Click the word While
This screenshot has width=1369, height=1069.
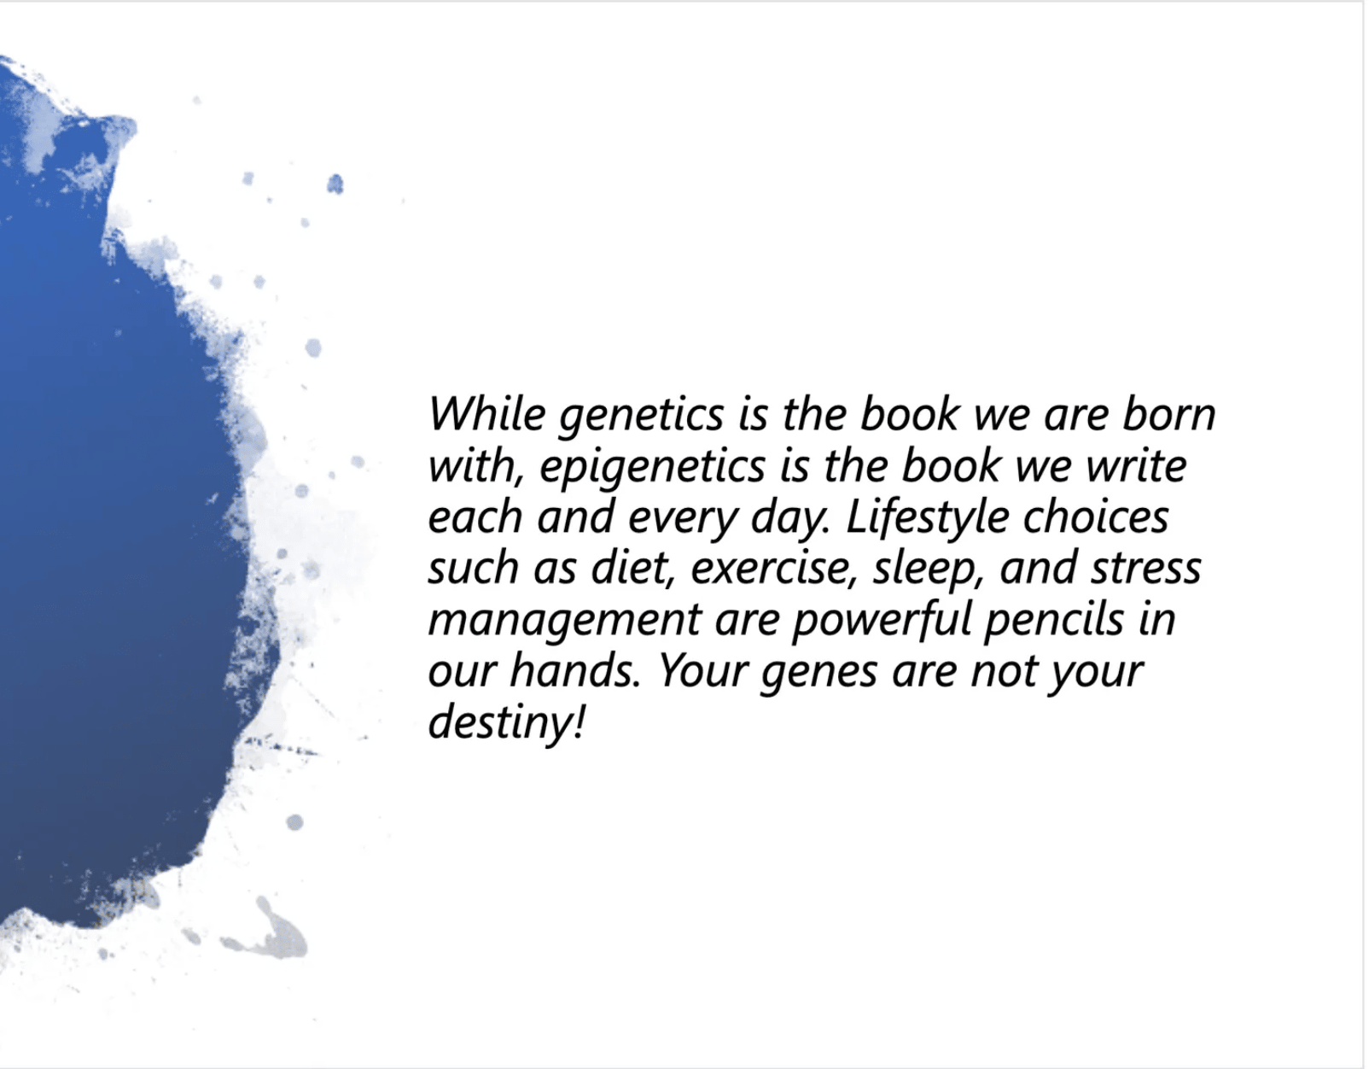pyautogui.click(x=486, y=414)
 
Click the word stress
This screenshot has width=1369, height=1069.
pyautogui.click(x=1145, y=569)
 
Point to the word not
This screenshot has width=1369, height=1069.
pyautogui.click(x=1004, y=672)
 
